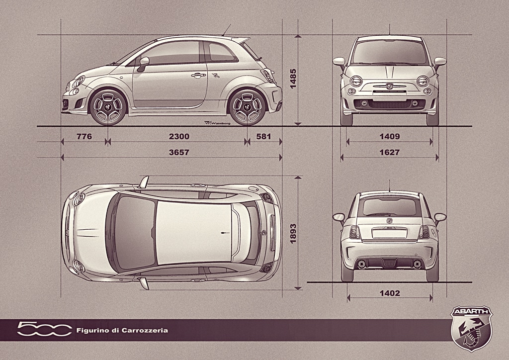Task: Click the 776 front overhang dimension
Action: coord(85,136)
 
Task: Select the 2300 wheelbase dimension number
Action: coord(179,136)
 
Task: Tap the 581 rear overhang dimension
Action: coord(263,136)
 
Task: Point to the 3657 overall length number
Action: coord(179,152)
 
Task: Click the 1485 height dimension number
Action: coord(293,79)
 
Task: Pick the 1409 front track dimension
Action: coord(390,136)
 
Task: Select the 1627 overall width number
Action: coord(390,152)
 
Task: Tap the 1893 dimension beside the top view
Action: coord(293,233)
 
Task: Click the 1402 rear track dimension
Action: coord(390,293)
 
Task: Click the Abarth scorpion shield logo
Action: coord(472,328)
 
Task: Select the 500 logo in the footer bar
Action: coord(44,329)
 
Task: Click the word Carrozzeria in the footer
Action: coord(145,331)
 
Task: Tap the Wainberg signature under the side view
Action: coord(215,123)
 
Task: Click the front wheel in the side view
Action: coord(108,106)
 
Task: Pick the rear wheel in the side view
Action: coord(248,106)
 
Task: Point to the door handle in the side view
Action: coord(198,76)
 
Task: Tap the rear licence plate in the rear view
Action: coord(389,233)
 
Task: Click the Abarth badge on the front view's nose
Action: coord(389,87)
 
